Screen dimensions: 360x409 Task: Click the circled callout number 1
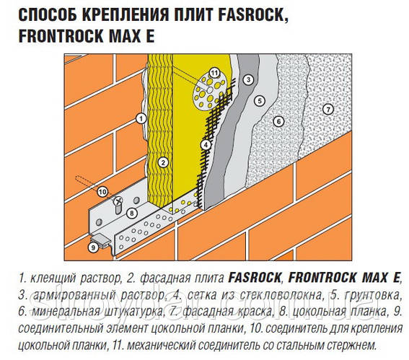[142, 117]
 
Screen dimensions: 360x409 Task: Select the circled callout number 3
[247, 79]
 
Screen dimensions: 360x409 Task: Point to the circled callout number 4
[206, 145]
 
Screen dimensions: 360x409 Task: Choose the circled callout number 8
[131, 213]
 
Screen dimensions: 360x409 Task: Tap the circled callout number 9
[92, 247]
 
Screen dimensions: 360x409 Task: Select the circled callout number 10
[102, 191]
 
